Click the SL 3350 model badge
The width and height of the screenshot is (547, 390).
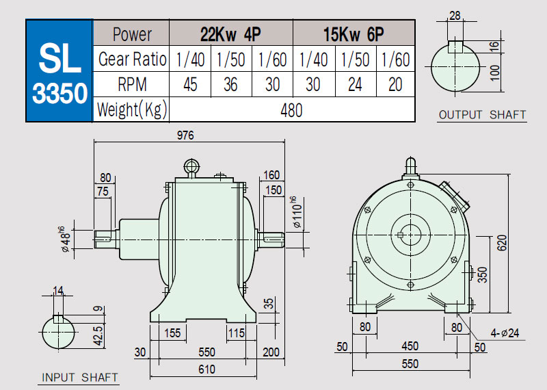coord(59,70)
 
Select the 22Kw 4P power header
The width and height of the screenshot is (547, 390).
coord(230,34)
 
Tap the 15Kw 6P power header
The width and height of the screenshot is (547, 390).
coord(353,34)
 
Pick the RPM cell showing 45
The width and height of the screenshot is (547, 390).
coord(190,84)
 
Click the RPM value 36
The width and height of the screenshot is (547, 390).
coord(230,84)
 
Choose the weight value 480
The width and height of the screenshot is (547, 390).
coord(292,110)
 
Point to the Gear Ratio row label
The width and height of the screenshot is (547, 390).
coord(132,59)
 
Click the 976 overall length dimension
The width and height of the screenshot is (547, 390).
coord(185,135)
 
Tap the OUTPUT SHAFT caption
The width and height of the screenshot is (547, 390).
coord(482,115)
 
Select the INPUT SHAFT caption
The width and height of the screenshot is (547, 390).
coord(79,378)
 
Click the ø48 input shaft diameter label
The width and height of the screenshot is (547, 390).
coord(64,239)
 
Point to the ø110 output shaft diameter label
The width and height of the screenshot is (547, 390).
coord(297,212)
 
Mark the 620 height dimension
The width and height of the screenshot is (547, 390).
coord(502,243)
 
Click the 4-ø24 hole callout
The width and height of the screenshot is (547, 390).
coord(505,333)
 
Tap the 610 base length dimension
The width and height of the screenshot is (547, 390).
coord(207,369)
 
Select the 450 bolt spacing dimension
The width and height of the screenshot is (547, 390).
coord(410,346)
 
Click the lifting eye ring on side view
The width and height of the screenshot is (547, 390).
coord(191,166)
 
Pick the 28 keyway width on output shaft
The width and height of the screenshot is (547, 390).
coord(455,16)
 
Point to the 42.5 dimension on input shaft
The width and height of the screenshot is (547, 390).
coord(98,336)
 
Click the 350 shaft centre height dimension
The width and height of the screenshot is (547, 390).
coord(482,275)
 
